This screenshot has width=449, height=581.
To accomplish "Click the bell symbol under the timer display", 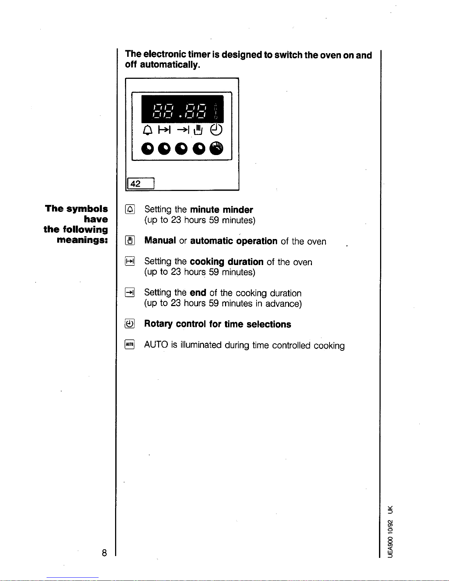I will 147,130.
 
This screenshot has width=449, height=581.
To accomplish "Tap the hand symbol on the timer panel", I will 198,129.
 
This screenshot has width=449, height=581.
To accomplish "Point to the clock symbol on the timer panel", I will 216,129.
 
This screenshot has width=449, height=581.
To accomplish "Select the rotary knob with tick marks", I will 216,148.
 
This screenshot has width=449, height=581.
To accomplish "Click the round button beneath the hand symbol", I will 199,148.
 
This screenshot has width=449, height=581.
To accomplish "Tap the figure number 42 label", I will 136,184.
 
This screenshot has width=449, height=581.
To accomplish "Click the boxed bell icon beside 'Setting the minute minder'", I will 130,209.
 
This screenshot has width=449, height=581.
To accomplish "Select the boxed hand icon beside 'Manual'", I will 130,241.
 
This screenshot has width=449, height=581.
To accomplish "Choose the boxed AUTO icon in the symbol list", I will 130,345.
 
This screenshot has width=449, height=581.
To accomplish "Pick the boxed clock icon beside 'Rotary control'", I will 130,324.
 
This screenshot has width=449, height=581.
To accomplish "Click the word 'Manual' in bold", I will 160,241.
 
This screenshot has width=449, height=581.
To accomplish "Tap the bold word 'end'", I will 198,293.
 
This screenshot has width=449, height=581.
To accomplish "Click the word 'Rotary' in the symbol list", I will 158,324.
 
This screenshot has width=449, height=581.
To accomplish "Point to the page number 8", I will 104,553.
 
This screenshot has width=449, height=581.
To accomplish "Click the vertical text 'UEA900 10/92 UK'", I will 391,531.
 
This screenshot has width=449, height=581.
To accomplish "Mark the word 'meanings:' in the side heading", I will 82,240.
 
